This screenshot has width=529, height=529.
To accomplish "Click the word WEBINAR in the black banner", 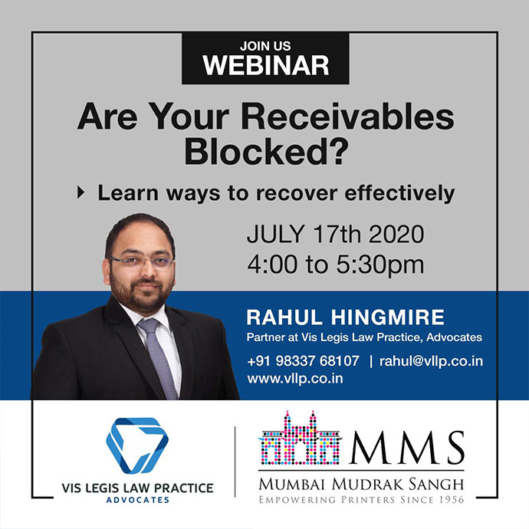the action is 265,65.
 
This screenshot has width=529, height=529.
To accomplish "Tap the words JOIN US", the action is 265,46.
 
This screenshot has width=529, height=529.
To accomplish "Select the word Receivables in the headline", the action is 347,117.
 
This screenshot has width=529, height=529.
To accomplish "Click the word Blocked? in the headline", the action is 266,151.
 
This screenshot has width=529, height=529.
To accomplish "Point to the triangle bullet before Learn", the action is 81,192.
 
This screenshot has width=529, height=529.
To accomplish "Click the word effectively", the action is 399,193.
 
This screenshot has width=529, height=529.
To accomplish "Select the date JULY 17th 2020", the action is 335,234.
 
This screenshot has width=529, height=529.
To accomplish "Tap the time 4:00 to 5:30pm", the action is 335,264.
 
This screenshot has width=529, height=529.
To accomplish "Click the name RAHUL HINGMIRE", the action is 346,317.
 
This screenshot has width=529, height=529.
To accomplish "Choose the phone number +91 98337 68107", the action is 303,361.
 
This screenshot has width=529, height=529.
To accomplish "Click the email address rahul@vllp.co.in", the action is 431,361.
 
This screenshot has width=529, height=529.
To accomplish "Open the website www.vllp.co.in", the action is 295,379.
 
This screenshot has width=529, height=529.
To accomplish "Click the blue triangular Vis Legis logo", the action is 137,445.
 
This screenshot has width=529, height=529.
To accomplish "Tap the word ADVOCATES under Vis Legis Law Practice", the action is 138,500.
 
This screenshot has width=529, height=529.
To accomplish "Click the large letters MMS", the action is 407,448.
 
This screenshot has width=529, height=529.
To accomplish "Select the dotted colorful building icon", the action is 300,438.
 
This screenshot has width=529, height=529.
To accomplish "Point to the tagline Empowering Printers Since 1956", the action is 361,499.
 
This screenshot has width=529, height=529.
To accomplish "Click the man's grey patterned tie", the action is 158,357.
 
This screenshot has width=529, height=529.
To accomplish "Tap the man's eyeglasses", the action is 141,261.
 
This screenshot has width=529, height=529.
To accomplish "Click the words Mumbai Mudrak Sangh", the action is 361,485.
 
